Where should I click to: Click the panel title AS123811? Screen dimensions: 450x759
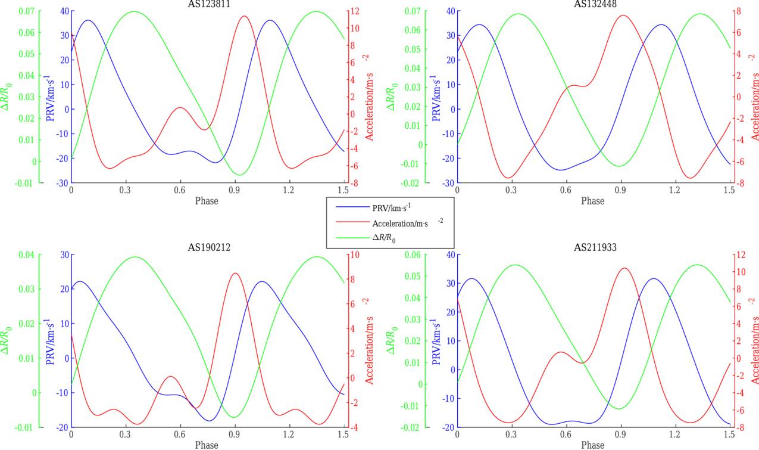207,4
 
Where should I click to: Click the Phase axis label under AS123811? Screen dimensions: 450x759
207,201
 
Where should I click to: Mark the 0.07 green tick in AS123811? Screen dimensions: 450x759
24,11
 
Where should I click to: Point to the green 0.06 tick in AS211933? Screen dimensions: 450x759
410,255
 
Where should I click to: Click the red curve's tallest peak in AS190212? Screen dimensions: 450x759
235,274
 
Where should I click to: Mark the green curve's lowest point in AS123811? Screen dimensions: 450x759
239,175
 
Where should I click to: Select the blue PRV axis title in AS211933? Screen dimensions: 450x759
436,340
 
